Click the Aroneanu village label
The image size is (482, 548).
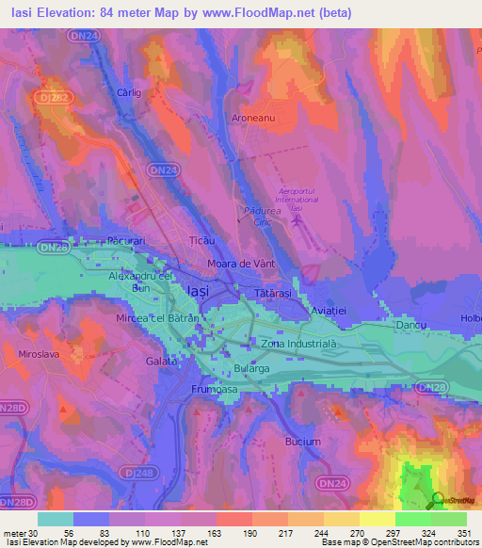252,119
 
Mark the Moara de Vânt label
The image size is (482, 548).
241,264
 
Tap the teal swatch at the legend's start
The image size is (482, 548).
55,519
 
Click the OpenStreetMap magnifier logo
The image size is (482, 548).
437,500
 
